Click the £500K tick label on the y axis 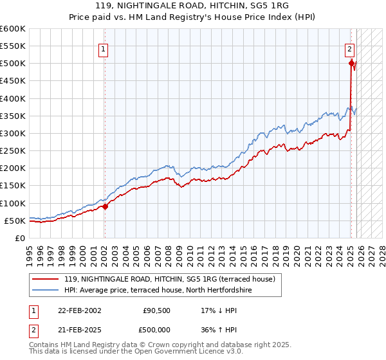coord(13,64)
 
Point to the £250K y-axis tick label coord(13,150)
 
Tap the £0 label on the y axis coord(19,238)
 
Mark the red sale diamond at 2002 coord(106,206)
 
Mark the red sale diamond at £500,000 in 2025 coord(351,63)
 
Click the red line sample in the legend coord(46,279)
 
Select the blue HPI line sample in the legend coord(46,290)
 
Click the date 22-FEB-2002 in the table coord(80,310)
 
